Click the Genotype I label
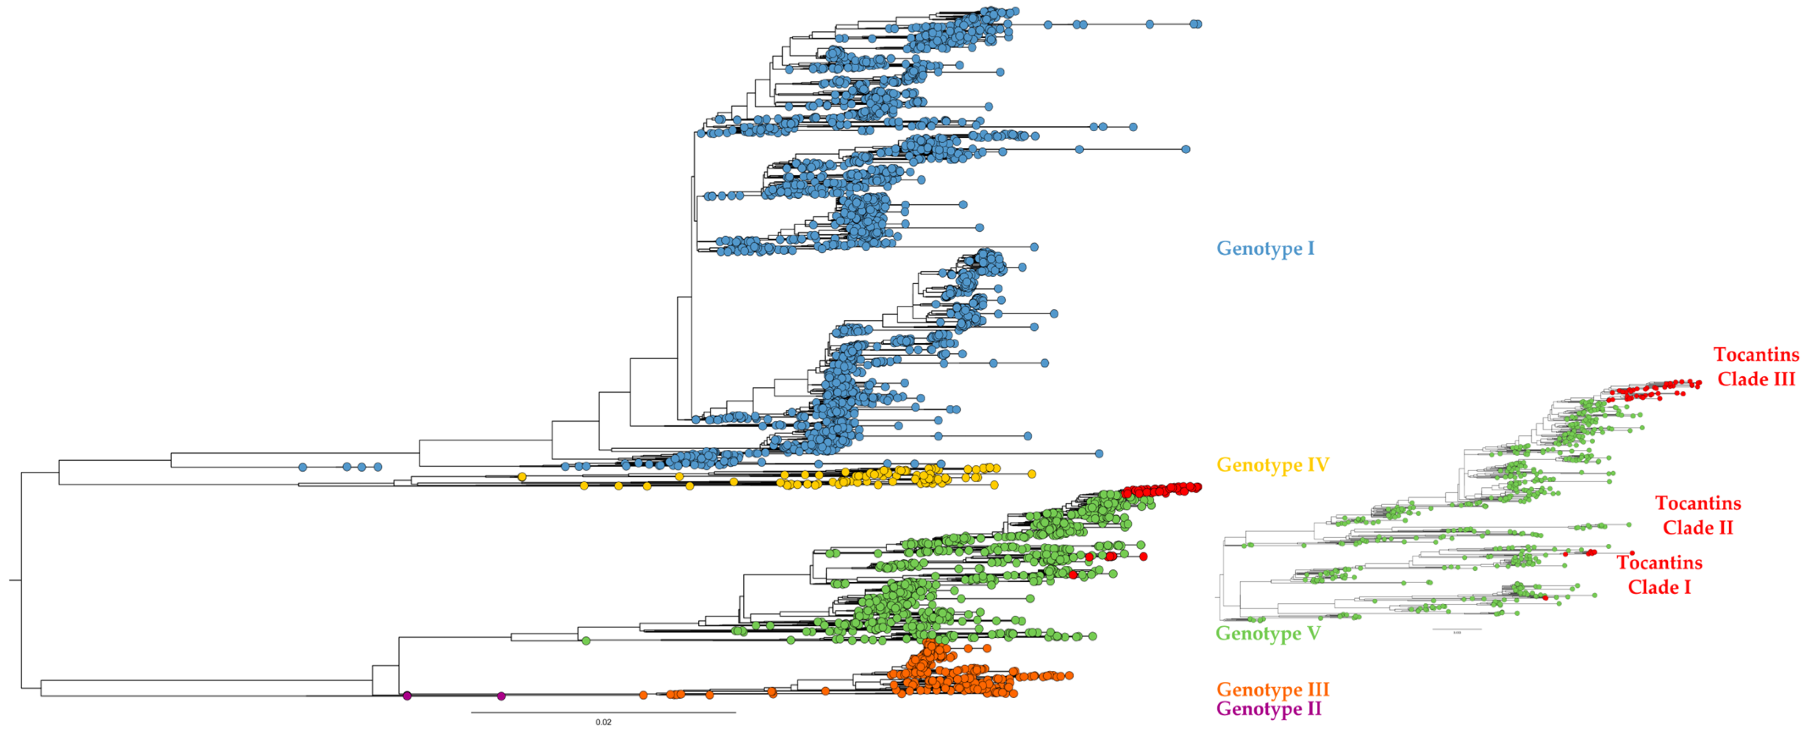(x=1265, y=248)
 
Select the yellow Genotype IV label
(x=1272, y=465)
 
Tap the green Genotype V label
(x=1268, y=633)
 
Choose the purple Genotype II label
(x=1268, y=708)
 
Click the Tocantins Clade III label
(x=1756, y=366)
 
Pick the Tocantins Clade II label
(x=1698, y=515)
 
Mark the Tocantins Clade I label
(x=1659, y=575)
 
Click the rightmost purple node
(x=501, y=696)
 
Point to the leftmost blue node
(x=303, y=467)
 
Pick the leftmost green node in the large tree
(x=585, y=640)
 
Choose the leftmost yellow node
(x=522, y=477)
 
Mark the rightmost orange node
(x=1069, y=675)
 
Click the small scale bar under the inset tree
(x=1456, y=629)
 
